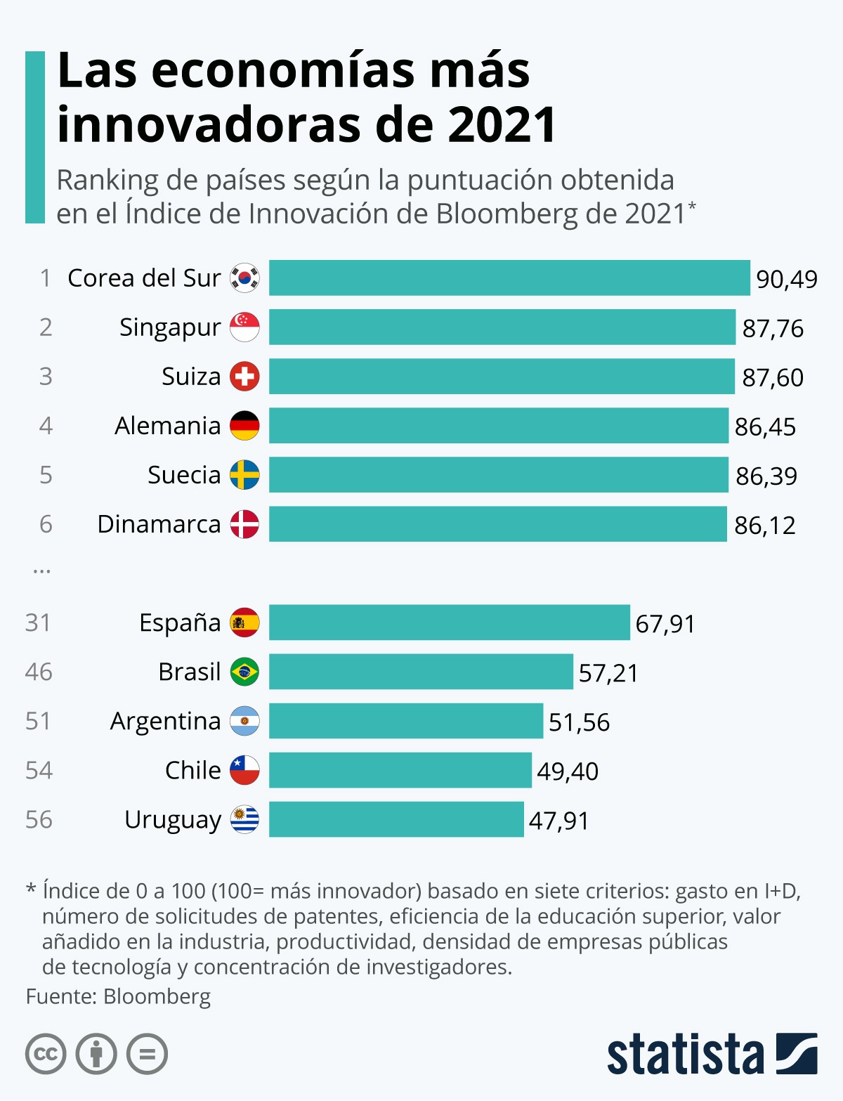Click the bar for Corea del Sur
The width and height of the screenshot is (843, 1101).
[509, 278]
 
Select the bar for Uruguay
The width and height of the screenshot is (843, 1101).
[396, 819]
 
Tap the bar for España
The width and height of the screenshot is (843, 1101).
[450, 623]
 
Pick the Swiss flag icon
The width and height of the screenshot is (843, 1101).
[244, 377]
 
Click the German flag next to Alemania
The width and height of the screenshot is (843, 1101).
[244, 426]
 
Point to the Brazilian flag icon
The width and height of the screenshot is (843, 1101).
[244, 672]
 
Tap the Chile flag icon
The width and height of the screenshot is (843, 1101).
[244, 770]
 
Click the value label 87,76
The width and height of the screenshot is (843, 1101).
[773, 328]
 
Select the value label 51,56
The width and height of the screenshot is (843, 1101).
[579, 722]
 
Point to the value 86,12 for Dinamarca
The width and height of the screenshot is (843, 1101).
[765, 525]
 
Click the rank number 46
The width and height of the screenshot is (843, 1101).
[39, 672]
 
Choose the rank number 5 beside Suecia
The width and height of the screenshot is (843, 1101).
[46, 475]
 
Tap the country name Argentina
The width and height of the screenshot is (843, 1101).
[165, 722]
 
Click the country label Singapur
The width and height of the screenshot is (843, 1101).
[170, 327]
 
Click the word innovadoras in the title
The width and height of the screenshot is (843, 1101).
[211, 124]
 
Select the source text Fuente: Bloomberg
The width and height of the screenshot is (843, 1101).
[118, 996]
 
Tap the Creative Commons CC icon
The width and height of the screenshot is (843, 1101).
[46, 1054]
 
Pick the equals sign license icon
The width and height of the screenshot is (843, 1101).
[147, 1054]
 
